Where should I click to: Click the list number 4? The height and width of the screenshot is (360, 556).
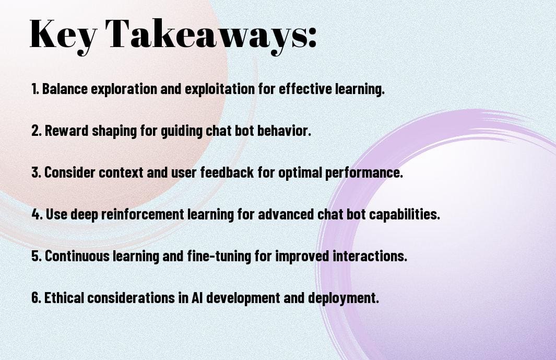tap(35, 214)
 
